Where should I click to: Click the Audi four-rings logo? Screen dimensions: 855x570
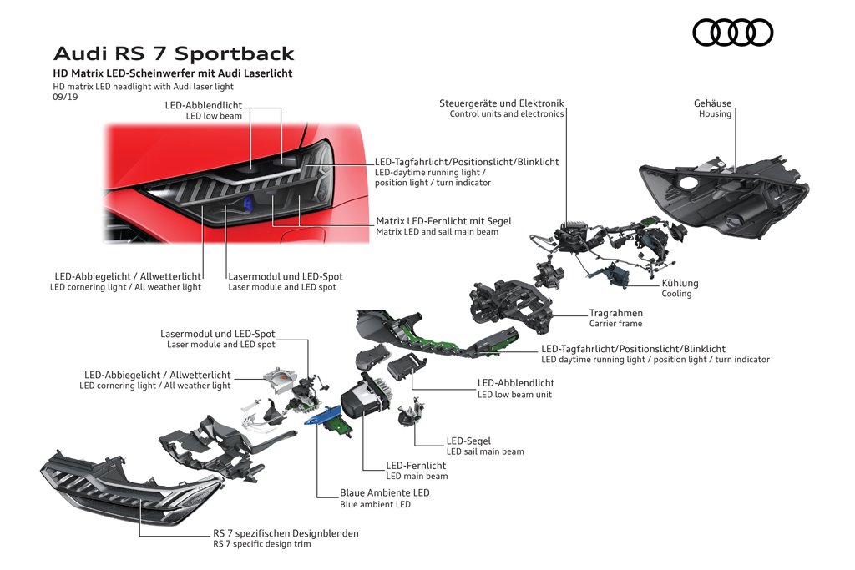point(732,33)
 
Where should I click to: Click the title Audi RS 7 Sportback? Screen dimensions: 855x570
point(174,53)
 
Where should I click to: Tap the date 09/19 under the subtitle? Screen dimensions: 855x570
point(65,97)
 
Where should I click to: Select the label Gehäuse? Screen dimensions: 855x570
point(712,103)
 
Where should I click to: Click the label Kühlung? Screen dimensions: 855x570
point(680,283)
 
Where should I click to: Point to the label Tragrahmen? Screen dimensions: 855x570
point(615,313)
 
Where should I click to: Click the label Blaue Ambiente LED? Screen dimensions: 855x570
point(384,492)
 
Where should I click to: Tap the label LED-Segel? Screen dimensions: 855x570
point(468,441)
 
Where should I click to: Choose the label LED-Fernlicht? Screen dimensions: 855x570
point(416,466)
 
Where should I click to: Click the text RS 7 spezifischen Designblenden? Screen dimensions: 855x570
point(286,533)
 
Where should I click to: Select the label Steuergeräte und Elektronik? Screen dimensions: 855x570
point(502,103)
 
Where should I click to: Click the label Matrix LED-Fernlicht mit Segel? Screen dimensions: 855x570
point(444,220)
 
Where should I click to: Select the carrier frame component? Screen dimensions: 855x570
point(510,305)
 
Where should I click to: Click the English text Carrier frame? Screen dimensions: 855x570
point(615,324)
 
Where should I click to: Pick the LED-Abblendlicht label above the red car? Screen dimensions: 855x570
point(204,105)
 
